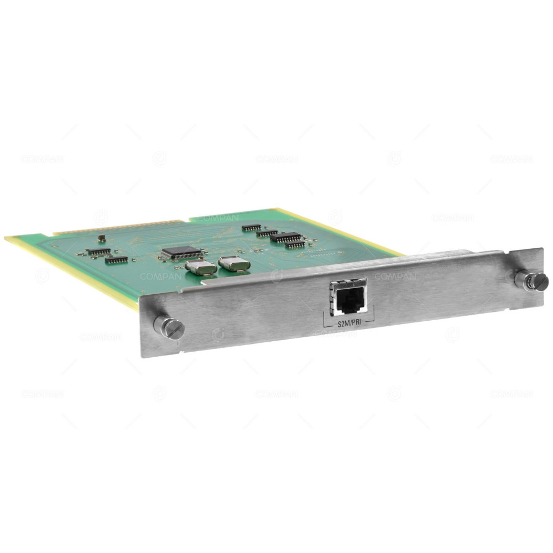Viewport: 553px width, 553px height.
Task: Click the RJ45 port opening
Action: click(x=349, y=301)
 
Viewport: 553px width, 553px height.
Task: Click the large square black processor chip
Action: click(x=181, y=253)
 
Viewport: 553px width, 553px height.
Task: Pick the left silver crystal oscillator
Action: click(x=200, y=267)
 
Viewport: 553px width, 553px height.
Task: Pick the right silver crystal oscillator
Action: click(x=234, y=263)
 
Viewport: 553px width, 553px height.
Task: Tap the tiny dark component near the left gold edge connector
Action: click(x=101, y=238)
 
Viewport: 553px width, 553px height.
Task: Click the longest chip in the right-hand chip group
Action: click(x=286, y=237)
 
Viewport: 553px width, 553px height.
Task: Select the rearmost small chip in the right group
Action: click(x=252, y=227)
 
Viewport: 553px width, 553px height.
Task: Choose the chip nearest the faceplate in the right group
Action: click(x=295, y=244)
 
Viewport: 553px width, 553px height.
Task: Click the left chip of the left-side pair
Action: click(x=98, y=252)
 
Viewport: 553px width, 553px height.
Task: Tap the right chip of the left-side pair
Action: click(x=117, y=259)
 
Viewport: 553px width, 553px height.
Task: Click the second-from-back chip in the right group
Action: click(x=267, y=233)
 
